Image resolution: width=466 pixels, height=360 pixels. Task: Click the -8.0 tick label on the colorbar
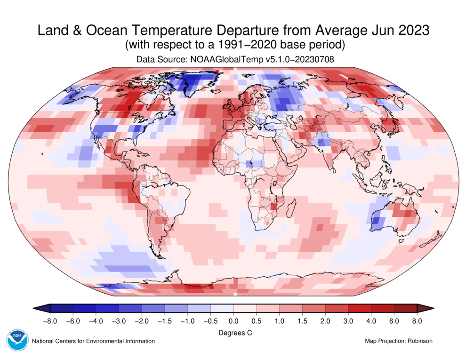pyautogui.click(x=50, y=321)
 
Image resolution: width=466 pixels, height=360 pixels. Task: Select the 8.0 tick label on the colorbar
pyautogui.click(x=417, y=321)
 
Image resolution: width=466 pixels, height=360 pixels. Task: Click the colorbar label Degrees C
pyautogui.click(x=234, y=333)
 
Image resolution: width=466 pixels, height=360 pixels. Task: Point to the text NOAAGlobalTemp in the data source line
pyautogui.click(x=218, y=60)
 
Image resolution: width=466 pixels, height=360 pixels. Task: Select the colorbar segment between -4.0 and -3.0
pyautogui.click(x=107, y=309)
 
